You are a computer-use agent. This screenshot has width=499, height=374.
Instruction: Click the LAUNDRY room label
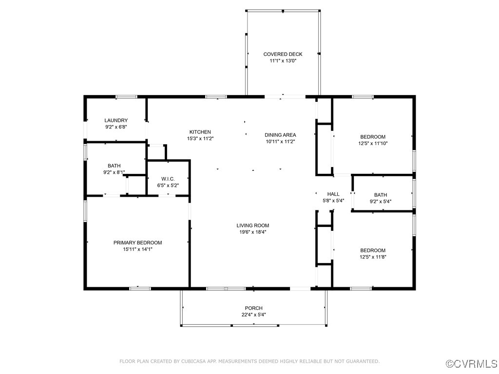coord(116,120)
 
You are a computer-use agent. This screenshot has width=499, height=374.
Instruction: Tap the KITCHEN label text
coord(200,132)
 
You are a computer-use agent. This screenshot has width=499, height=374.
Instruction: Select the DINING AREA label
coord(280,135)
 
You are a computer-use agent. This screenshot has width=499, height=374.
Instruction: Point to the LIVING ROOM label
coord(253,225)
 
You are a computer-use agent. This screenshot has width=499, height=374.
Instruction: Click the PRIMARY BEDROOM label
coord(138,243)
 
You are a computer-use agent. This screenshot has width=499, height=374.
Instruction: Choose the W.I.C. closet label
coord(168,179)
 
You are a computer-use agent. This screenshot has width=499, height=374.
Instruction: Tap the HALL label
coord(333,194)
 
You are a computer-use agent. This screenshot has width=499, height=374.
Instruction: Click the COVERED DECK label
coord(283,55)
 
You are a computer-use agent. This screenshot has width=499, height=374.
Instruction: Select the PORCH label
coord(253,308)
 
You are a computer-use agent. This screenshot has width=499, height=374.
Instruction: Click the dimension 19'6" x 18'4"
coord(253,232)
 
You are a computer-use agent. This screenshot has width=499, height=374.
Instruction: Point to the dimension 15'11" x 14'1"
coord(138,249)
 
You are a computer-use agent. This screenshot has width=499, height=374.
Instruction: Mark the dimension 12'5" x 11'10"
coord(373,144)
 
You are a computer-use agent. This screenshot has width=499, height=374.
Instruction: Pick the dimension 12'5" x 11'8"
coord(373,257)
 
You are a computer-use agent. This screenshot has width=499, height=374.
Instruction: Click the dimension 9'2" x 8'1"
coord(114,172)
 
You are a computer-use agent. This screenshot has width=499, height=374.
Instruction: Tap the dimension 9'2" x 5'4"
coord(381,201)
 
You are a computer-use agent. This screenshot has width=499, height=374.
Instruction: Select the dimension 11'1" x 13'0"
coord(283,61)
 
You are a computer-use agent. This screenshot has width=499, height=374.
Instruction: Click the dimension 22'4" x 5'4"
coord(253,315)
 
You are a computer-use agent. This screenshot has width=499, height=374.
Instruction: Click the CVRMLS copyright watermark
coord(472,363)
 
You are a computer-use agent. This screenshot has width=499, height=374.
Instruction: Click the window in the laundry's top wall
coord(126,97)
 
